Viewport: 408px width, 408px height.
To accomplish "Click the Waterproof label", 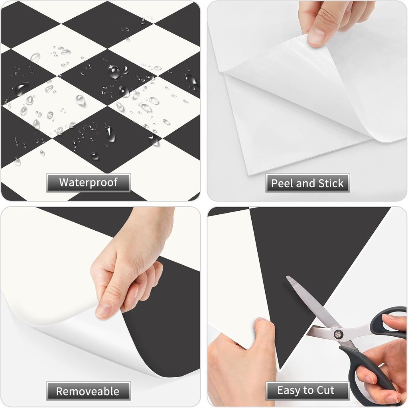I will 88,183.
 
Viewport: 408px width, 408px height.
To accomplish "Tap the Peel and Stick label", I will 307,183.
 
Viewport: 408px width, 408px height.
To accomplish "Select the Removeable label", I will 88,391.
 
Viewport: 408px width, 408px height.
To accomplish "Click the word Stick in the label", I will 331,183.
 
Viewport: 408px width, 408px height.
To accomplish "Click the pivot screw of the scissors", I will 339,333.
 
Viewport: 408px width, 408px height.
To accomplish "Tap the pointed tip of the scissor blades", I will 288,277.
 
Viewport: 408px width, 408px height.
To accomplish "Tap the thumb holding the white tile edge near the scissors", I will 263,331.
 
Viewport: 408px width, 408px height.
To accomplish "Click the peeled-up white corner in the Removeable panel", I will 92,339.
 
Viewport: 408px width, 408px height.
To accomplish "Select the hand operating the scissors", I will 383,359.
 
